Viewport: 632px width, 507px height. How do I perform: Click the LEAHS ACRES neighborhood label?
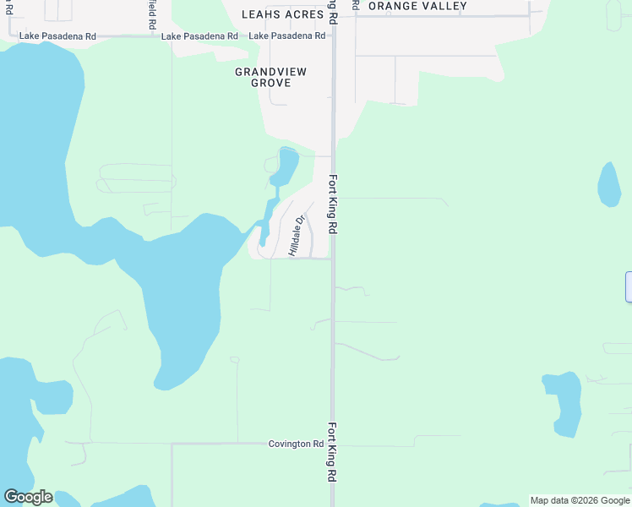coord(282,14)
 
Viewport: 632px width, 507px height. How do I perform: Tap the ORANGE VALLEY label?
coord(417,6)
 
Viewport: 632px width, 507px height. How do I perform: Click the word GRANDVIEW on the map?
coord(270,72)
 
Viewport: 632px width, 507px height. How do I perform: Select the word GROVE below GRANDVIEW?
coord(270,83)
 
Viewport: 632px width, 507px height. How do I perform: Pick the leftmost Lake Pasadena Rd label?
coord(57,36)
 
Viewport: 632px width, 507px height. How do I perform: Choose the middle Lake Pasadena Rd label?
coord(199,36)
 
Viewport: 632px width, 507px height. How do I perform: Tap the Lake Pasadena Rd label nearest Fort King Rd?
coord(287,35)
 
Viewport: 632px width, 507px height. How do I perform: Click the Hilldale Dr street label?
coord(296,236)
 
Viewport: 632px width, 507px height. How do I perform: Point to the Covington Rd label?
coord(296,444)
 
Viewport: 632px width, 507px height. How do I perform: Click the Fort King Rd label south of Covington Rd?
coord(332,464)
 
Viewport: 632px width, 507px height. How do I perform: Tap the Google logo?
coord(28,497)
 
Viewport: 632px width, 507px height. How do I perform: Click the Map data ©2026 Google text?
coord(580,500)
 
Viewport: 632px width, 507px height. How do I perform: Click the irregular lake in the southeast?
coord(564,402)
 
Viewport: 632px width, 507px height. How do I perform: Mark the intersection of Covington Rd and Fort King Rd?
coord(333,443)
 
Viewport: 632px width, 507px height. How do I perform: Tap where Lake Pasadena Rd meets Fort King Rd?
coord(334,36)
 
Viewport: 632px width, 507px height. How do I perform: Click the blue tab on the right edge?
coord(629,286)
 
